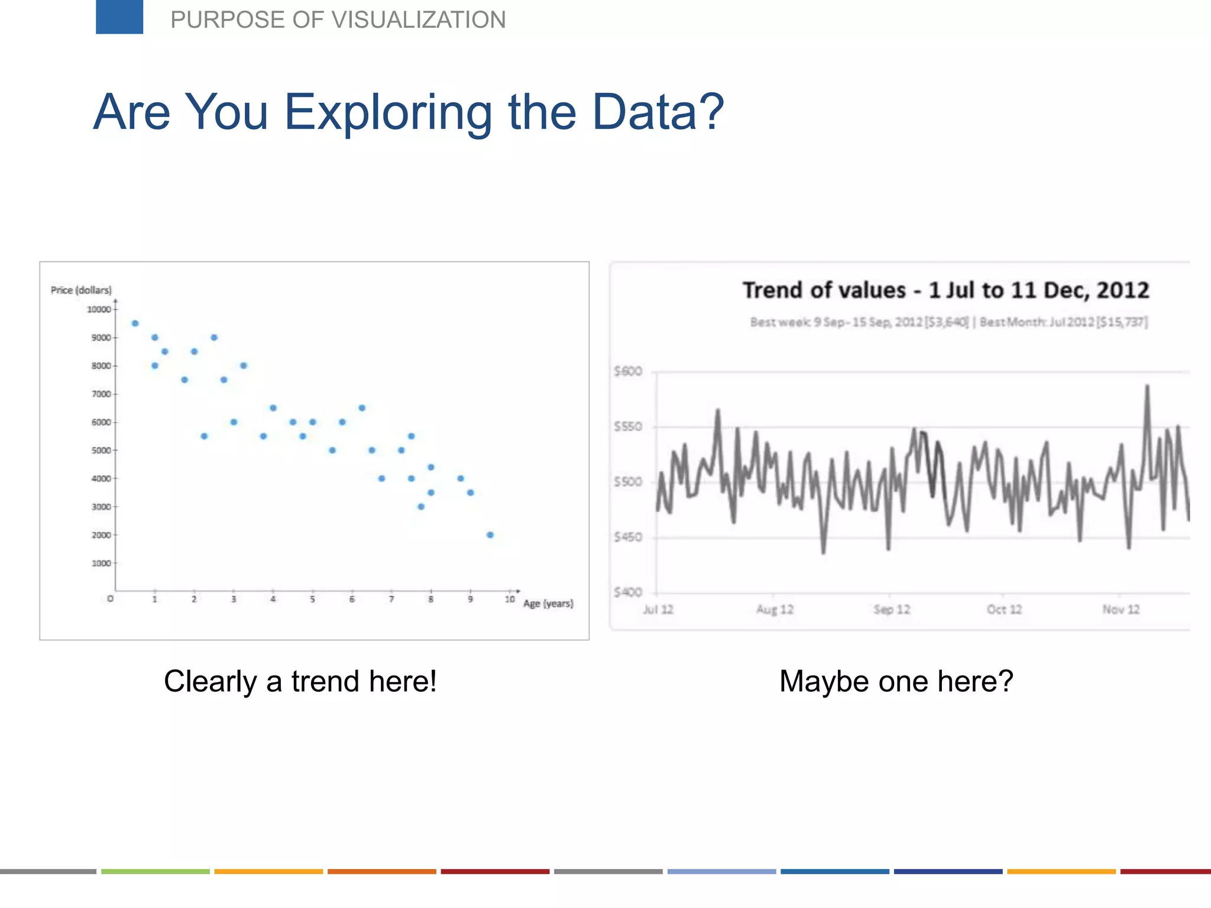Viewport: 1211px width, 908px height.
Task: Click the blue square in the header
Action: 119,17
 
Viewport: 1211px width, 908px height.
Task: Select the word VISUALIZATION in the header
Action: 418,20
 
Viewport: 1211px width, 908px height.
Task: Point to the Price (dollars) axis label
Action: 81,290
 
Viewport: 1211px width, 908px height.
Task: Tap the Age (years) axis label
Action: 548,604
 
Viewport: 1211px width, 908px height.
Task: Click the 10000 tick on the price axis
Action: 99,309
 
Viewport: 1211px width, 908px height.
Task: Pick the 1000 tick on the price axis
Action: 101,563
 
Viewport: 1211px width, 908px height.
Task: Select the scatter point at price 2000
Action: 490,535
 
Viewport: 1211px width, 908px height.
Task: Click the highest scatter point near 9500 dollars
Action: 135,323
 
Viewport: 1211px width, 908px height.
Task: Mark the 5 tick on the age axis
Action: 312,599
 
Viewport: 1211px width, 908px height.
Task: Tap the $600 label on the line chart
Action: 628,371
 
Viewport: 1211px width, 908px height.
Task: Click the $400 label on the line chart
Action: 628,592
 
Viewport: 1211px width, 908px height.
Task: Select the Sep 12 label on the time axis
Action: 892,609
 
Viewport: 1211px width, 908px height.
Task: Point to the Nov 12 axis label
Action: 1121,609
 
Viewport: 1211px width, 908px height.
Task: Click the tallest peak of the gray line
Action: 1147,387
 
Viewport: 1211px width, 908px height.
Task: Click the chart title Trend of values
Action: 946,290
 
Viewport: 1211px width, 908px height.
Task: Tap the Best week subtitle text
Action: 859,322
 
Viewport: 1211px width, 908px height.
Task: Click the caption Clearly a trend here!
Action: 300,681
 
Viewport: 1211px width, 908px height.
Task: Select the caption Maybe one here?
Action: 896,681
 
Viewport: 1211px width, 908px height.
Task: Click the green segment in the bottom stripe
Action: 156,871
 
